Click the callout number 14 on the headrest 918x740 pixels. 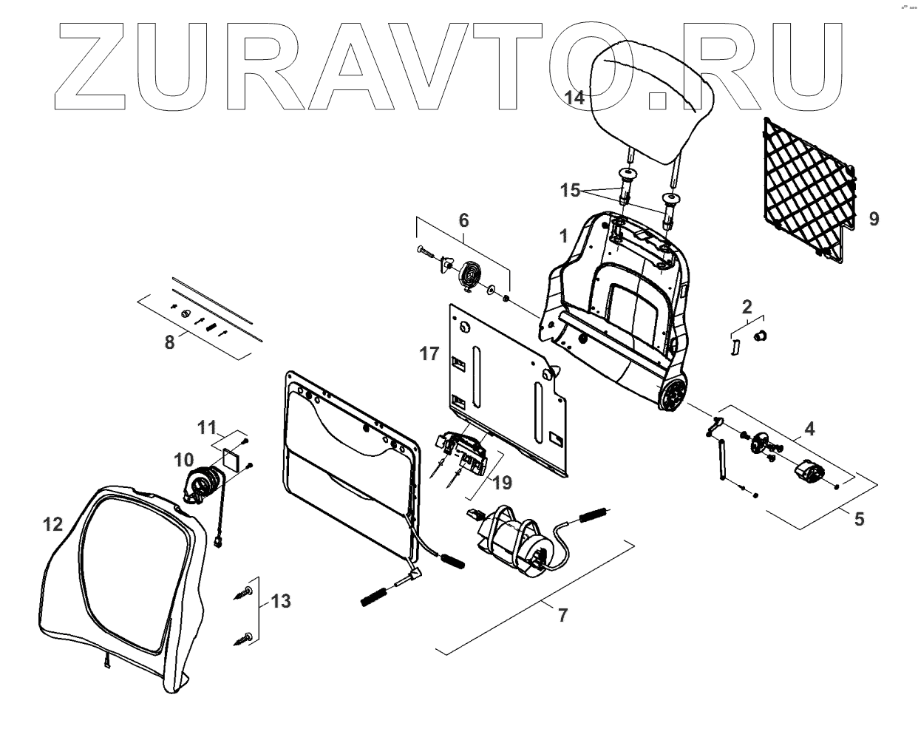[574, 97]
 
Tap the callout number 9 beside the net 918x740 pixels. [874, 219]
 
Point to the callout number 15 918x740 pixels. [570, 191]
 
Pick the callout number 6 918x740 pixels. [463, 220]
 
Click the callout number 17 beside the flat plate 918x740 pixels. [429, 354]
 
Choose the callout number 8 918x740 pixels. [170, 342]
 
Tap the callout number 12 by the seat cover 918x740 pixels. [53, 524]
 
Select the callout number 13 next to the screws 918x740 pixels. [281, 601]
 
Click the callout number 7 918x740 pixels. [563, 615]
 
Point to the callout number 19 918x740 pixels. [502, 483]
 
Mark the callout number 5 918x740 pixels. [859, 519]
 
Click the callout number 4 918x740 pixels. [810, 428]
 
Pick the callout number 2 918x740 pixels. [747, 305]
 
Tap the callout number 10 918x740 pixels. [183, 460]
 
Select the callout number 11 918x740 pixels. [206, 427]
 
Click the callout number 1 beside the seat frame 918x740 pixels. [563, 237]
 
